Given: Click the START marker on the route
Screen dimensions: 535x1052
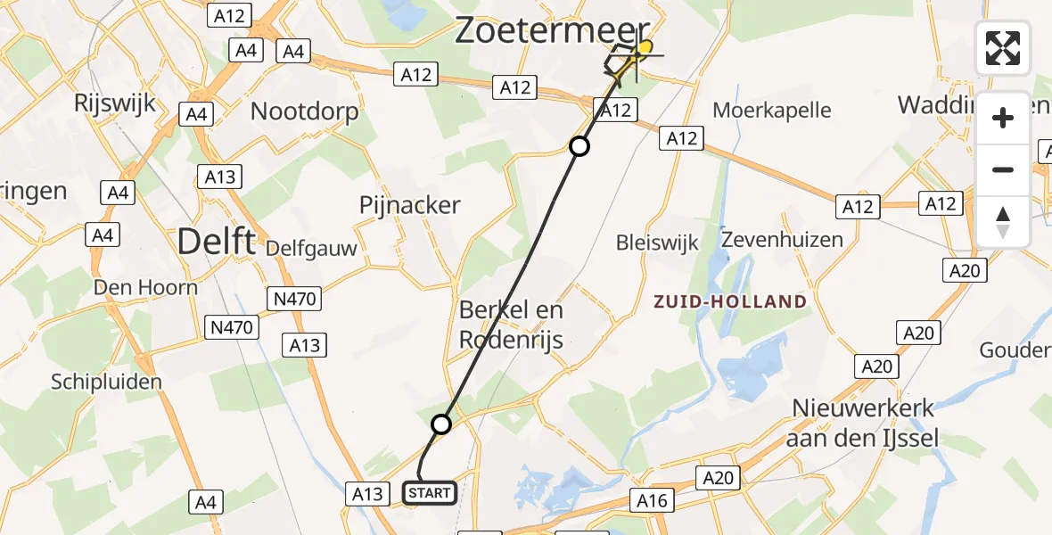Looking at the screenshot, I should point(431,492).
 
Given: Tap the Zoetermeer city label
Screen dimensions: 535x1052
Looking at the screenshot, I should point(553,30).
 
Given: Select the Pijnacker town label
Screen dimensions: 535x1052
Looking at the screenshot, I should point(409,205).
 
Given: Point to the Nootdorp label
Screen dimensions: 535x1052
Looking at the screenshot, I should point(304,111).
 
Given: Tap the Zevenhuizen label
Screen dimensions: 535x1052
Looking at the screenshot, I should point(782,240).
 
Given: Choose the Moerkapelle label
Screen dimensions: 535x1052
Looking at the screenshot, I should point(772,111).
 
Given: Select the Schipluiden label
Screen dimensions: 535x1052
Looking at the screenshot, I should point(106,382).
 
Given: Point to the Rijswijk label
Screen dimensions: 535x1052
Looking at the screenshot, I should point(115,103).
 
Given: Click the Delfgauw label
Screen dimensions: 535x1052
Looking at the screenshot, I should point(310,247).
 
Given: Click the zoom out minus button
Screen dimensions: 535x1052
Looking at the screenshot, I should point(1003,169).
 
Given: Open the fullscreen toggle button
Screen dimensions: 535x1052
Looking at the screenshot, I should point(1003,48).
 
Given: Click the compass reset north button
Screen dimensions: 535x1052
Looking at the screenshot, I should point(1003,221).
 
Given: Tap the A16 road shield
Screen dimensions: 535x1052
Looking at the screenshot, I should point(652,501).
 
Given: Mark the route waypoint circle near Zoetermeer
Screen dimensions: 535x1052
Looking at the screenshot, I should point(579,146).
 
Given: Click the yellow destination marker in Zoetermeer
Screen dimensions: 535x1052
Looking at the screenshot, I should point(644,47).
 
